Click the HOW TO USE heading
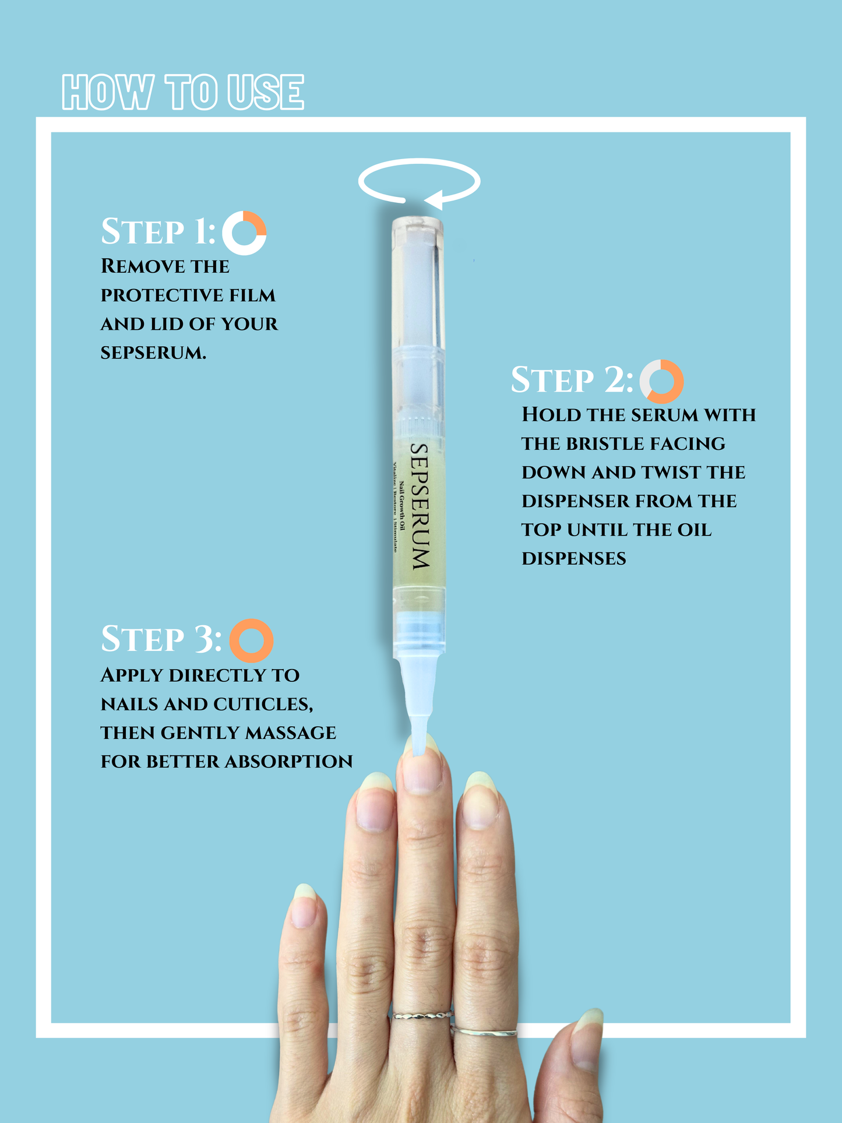click(183, 92)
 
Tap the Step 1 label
click(158, 231)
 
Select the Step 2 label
click(572, 380)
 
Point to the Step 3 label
click(161, 639)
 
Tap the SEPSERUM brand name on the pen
click(420, 506)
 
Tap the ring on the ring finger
click(484, 1033)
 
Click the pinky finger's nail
click(304, 907)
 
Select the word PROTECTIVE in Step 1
click(162, 295)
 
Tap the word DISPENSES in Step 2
click(574, 559)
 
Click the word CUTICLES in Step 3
click(263, 705)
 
